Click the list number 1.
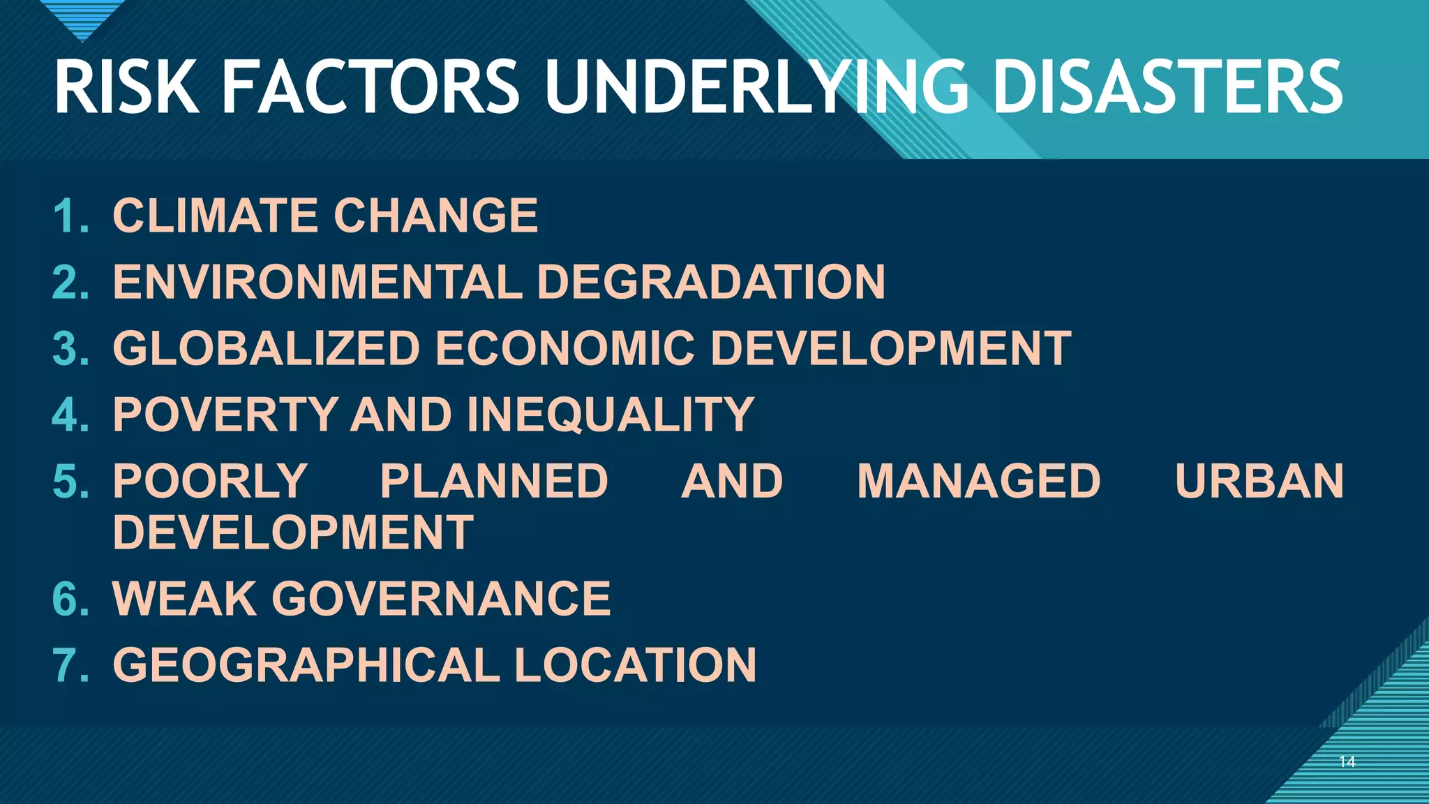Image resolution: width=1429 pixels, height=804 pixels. pyautogui.click(x=70, y=216)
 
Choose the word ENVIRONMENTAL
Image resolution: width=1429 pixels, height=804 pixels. pyautogui.click(x=317, y=282)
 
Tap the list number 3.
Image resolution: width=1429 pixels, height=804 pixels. pyautogui.click(x=70, y=349)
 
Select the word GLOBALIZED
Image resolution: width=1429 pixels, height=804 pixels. pyautogui.click(x=266, y=349)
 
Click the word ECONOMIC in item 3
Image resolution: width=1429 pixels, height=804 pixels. pyautogui.click(x=565, y=349)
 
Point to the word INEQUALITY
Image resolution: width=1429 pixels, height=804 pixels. pyautogui.click(x=611, y=415)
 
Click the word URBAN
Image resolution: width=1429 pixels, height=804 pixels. pyautogui.click(x=1259, y=482)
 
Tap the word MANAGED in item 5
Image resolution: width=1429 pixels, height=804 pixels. pyautogui.click(x=978, y=482)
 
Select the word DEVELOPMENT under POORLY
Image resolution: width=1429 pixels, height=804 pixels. pyautogui.click(x=293, y=533)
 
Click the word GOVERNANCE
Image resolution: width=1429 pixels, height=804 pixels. pyautogui.click(x=441, y=599)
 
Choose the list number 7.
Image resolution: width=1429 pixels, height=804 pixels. pyautogui.click(x=70, y=665)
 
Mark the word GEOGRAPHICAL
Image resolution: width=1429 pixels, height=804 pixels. pyautogui.click(x=306, y=665)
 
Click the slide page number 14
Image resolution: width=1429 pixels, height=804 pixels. pyautogui.click(x=1347, y=762)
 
